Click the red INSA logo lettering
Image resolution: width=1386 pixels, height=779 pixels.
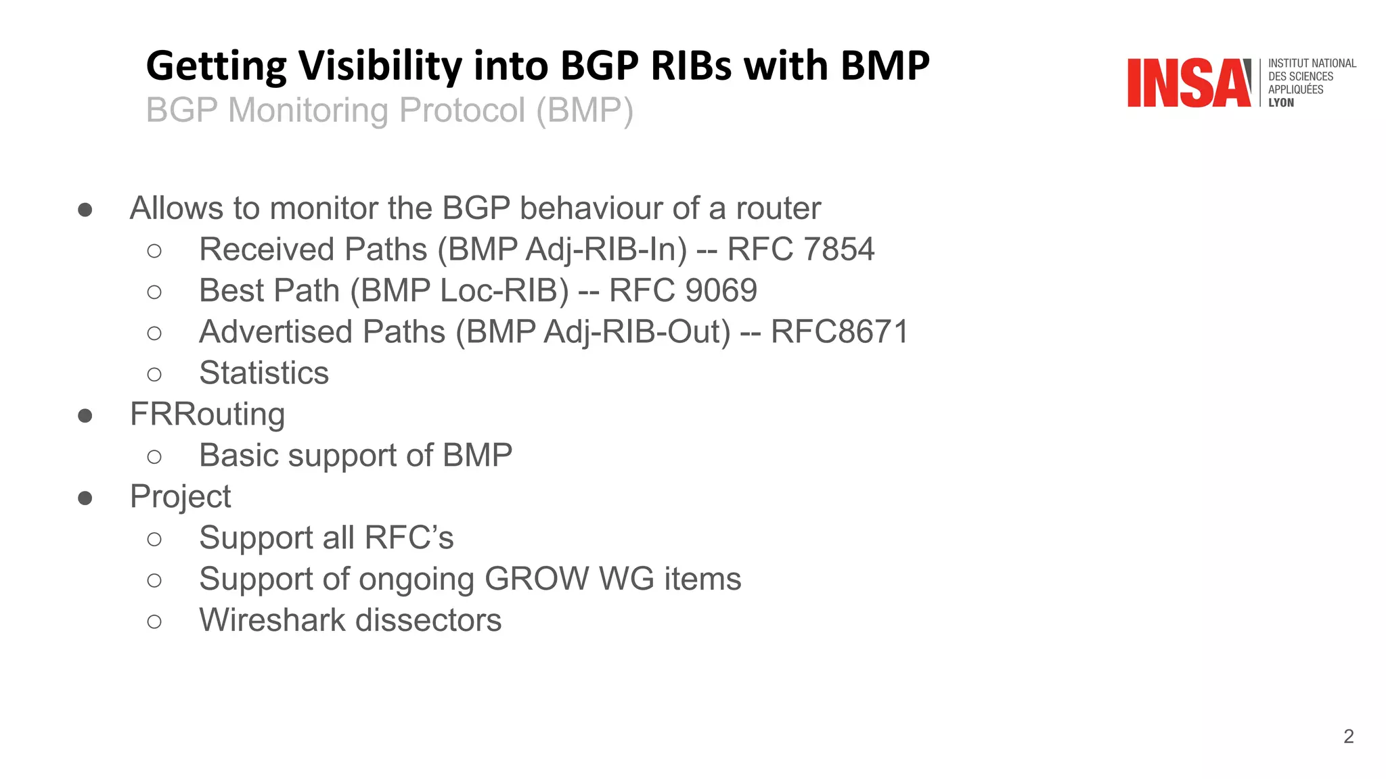[1188, 83]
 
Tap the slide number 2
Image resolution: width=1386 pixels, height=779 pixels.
[1348, 736]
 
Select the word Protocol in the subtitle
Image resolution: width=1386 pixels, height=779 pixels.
[462, 110]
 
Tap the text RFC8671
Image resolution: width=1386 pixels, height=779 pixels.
[839, 332]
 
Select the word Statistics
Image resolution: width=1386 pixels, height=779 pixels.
[264, 373]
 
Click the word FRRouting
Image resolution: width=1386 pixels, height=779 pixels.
[207, 415]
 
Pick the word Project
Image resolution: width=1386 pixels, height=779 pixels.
[180, 497]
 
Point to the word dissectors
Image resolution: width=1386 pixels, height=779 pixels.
[428, 621]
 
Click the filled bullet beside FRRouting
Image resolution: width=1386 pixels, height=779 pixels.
[85, 415]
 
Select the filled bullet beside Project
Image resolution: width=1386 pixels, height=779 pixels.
[85, 498]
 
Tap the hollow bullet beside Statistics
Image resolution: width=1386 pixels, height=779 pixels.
[154, 374]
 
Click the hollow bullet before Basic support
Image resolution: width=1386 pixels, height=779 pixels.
[154, 457]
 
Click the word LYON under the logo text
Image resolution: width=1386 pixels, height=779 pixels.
[1280, 103]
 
